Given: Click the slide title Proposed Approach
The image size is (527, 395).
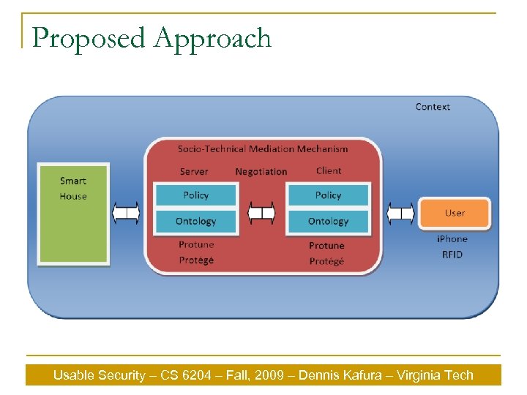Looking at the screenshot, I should [152, 38].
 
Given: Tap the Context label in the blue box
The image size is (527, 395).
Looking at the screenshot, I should [433, 107].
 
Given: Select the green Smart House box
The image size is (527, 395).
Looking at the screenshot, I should [73, 214].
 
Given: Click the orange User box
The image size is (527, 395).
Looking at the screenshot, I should [454, 214].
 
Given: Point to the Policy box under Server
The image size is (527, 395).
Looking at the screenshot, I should [195, 195].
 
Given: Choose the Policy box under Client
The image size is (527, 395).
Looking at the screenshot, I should [328, 195].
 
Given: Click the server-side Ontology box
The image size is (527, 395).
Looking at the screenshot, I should [195, 221].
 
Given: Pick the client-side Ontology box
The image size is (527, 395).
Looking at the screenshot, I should [328, 221].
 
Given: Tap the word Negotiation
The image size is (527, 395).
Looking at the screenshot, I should [261, 172].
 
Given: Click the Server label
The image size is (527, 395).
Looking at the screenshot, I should [194, 172].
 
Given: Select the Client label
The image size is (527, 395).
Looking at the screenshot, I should [329, 171].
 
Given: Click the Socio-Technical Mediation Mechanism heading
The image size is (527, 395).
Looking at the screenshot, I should [263, 149].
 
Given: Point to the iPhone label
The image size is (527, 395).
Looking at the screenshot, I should [452, 239].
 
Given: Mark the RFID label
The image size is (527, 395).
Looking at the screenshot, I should [452, 255].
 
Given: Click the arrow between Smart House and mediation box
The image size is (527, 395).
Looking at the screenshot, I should [126, 214].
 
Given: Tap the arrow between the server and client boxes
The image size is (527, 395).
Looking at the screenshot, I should [261, 214].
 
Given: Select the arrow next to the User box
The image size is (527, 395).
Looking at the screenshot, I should [400, 214].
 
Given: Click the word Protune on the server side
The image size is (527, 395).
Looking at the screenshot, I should [196, 245].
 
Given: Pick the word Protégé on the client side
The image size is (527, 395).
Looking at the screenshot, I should [326, 261].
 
